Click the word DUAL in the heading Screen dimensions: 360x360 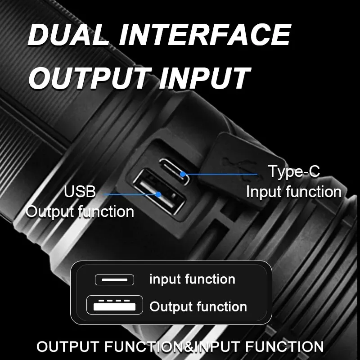pos(68,35)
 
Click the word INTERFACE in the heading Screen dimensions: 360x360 pos(204,35)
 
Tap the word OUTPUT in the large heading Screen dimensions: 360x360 pos(90,77)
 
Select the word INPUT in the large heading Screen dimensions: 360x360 pos(204,77)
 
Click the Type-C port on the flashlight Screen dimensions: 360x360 pos(175,171)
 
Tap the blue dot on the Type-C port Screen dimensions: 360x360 pos(183,174)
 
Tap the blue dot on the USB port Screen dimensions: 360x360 pos(158,194)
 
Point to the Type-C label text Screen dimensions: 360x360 pos(294,171)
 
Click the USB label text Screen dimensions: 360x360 pos(80,191)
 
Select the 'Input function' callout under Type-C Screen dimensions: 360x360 pos(294,192)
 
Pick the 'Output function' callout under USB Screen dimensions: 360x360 pos(80,211)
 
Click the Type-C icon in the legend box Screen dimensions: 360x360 pos(114,279)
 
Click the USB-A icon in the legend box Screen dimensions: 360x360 pos(115,305)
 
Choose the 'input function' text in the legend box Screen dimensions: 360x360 pos(193,279)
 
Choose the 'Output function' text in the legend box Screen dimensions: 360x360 pos(198,306)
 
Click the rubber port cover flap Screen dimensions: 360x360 pos(241,170)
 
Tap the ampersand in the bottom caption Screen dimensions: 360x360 pos(189,346)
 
